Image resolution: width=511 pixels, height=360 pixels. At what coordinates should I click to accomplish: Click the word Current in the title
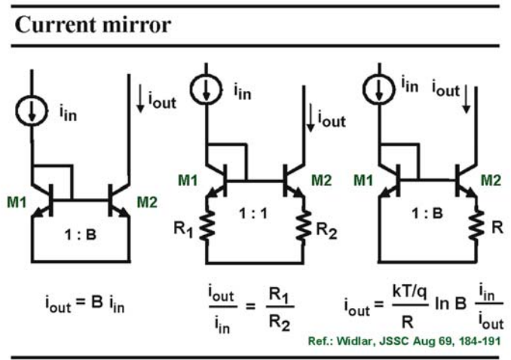click(53, 25)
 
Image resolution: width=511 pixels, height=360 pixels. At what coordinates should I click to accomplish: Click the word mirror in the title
click(133, 25)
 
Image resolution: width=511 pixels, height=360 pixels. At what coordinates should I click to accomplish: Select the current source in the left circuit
click(32, 111)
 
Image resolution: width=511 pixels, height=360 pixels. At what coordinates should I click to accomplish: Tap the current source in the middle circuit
click(206, 89)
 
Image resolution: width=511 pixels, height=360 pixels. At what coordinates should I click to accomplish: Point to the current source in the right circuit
click(378, 89)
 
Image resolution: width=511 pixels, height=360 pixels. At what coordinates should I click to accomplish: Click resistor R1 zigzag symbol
click(207, 225)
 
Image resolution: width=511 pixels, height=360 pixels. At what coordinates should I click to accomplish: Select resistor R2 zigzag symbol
click(304, 227)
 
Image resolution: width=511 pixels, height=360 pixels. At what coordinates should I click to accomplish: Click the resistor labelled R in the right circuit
click(476, 227)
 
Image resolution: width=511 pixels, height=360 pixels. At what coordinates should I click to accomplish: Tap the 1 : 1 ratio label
click(253, 214)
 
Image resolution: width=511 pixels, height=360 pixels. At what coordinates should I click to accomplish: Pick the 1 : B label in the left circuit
click(81, 234)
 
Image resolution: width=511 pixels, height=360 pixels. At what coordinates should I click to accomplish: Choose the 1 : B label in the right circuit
click(427, 214)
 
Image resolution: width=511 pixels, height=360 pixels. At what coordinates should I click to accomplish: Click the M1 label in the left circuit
click(17, 203)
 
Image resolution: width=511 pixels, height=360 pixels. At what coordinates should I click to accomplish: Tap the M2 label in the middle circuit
click(322, 180)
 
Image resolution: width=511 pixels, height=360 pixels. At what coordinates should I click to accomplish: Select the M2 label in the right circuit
click(491, 180)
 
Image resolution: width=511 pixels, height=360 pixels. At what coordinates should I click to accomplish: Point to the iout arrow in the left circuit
click(140, 99)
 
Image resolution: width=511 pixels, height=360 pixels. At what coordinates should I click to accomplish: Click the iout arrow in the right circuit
click(467, 99)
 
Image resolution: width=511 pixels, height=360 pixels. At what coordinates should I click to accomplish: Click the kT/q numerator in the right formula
click(410, 292)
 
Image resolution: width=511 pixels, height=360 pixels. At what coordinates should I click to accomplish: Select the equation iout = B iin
click(84, 304)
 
